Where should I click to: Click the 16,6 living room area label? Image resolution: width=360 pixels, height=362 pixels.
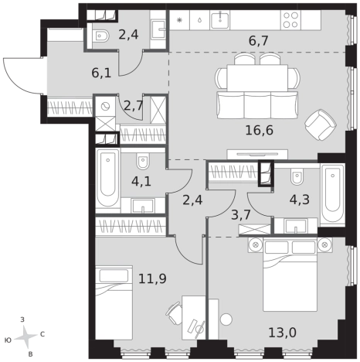coord(259,130)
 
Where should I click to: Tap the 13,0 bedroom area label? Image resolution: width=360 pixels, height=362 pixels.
coord(282,333)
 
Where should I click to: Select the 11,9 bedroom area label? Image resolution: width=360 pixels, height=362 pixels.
coord(152,278)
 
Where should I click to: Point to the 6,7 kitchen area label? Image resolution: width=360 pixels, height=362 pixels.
coord(259,41)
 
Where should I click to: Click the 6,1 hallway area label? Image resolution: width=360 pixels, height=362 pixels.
coord(101,73)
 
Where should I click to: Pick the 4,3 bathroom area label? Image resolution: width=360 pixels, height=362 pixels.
coord(300,200)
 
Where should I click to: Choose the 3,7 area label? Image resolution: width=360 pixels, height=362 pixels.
coord(241,215)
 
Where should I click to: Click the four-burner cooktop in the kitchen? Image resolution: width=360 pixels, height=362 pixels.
coord(290,20)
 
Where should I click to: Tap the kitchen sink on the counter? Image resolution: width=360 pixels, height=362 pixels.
coord(220,20)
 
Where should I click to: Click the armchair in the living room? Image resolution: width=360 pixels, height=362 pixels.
coord(321,125)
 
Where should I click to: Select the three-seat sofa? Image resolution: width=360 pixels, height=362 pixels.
coord(257,105)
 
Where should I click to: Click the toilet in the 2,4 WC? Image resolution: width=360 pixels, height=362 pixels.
coord(100,36)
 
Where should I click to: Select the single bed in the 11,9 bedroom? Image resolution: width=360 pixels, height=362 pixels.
coord(114,303)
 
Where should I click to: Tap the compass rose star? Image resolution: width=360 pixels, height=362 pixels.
coord(25,336)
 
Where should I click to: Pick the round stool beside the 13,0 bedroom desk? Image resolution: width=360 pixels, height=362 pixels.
coord(226,319)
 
